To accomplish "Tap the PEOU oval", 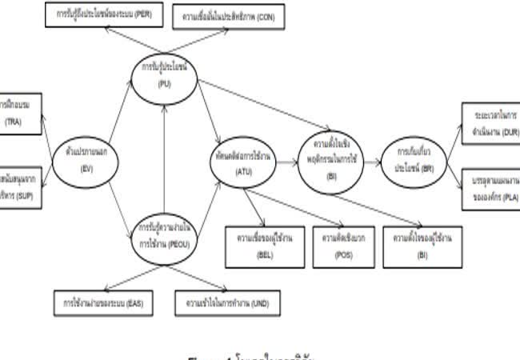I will [x=163, y=236].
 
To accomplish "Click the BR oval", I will [x=411, y=154].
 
